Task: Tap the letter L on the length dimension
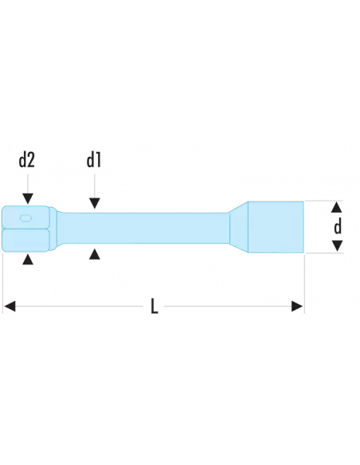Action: [155, 306]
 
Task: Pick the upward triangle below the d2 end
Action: [27, 260]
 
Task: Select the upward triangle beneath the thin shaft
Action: [94, 254]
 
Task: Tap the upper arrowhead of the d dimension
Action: [338, 206]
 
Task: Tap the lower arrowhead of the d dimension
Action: [338, 246]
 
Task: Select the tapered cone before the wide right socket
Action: [241, 226]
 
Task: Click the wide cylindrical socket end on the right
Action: [278, 226]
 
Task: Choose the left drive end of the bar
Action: [28, 229]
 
